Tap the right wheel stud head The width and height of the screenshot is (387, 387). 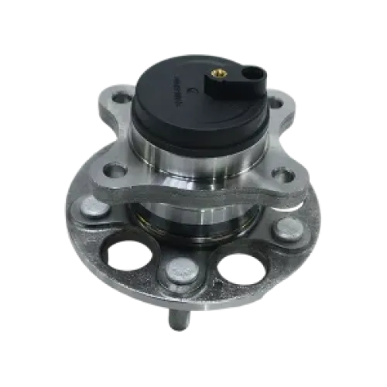(x=288, y=228)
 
